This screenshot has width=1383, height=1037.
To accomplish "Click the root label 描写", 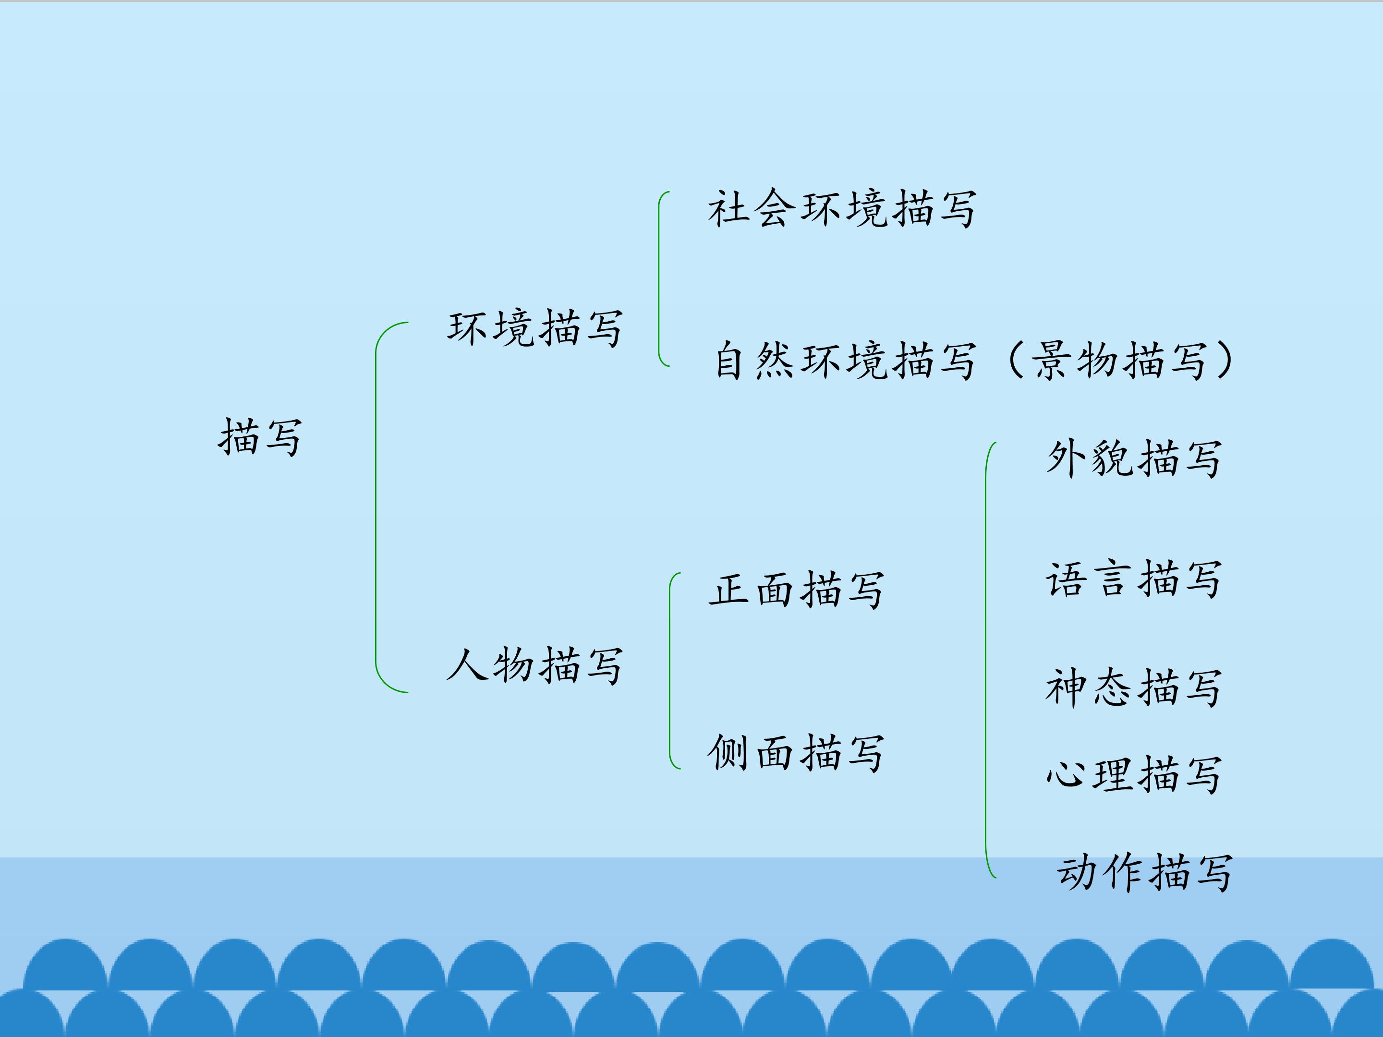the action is pyautogui.click(x=259, y=437).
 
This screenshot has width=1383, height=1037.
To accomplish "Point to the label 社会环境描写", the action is pyautogui.click(x=841, y=208).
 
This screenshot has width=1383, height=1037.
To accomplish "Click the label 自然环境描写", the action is pyautogui.click(x=845, y=360).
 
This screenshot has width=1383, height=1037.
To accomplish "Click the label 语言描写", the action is pyautogui.click(x=1134, y=579).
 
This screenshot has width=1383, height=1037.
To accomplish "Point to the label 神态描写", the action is pyautogui.click(x=1134, y=687).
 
